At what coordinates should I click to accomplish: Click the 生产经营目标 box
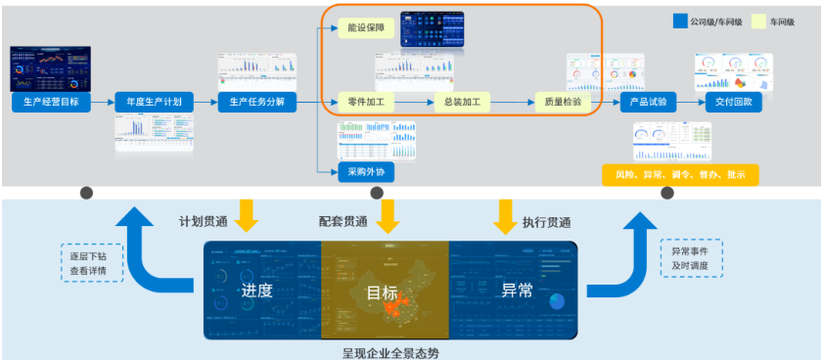pos(51,102)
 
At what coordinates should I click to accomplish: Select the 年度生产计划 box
pos(154,102)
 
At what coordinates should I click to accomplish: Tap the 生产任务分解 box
pos(257,102)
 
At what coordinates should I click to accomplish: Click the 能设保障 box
pos(365,29)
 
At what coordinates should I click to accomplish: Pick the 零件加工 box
pos(365,102)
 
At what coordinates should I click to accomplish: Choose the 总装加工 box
pos(461,102)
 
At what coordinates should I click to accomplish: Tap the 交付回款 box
pos(733,102)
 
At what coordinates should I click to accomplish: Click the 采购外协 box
pos(365,173)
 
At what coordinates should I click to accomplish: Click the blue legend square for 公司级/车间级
pos(680,21)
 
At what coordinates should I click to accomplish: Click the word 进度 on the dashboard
pos(257,291)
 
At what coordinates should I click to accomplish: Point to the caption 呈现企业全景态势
pos(389,350)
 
